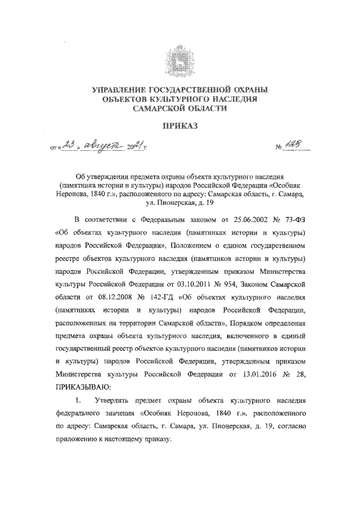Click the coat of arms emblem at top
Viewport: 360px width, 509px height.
click(x=180, y=60)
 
